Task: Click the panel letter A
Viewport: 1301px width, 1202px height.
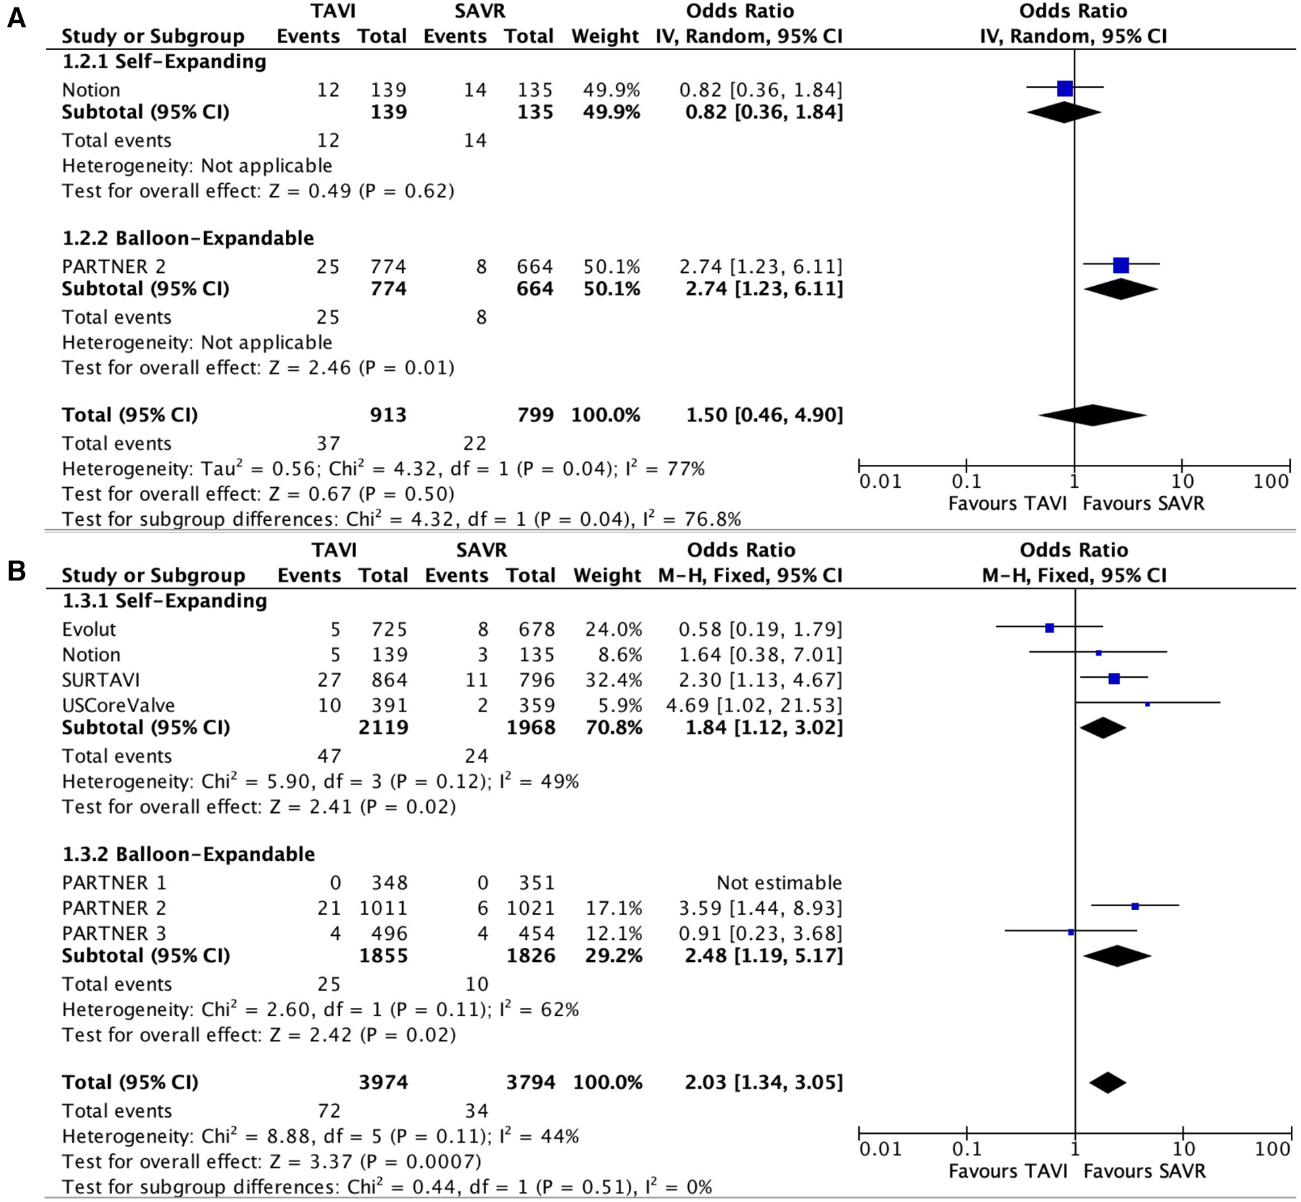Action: (16, 18)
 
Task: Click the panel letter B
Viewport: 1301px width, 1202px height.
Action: (16, 571)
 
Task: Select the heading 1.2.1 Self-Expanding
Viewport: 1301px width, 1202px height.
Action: (164, 61)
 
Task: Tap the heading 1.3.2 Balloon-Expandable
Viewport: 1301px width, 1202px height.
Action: (189, 854)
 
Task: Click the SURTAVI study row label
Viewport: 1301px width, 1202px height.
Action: (101, 680)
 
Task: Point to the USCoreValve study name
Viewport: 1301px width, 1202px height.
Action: (118, 705)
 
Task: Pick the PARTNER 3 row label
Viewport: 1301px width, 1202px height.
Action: (114, 933)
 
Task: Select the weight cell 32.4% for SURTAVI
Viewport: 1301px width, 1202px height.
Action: (613, 680)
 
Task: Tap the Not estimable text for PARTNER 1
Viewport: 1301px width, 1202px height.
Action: (779, 882)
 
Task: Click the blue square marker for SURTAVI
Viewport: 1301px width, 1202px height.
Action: (1114, 678)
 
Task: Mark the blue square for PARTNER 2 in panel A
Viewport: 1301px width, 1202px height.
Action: (1121, 265)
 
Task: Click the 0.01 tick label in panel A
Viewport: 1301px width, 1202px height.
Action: (880, 482)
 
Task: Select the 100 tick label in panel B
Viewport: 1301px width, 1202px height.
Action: (1272, 1149)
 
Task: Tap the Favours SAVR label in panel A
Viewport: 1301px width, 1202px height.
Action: (1144, 503)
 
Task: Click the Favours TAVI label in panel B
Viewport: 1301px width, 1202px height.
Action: (1008, 1171)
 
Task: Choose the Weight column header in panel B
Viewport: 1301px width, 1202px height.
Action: (607, 575)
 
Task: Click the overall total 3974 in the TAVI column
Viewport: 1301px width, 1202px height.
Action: (383, 1082)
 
